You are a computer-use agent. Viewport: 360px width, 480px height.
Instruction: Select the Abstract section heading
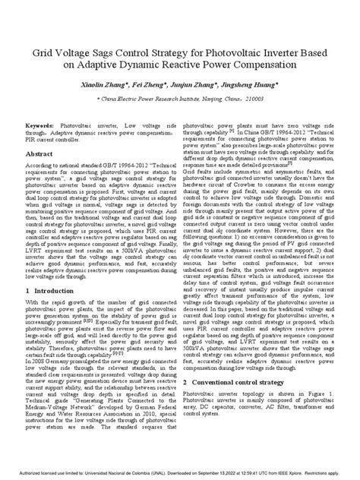[x=39, y=153]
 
